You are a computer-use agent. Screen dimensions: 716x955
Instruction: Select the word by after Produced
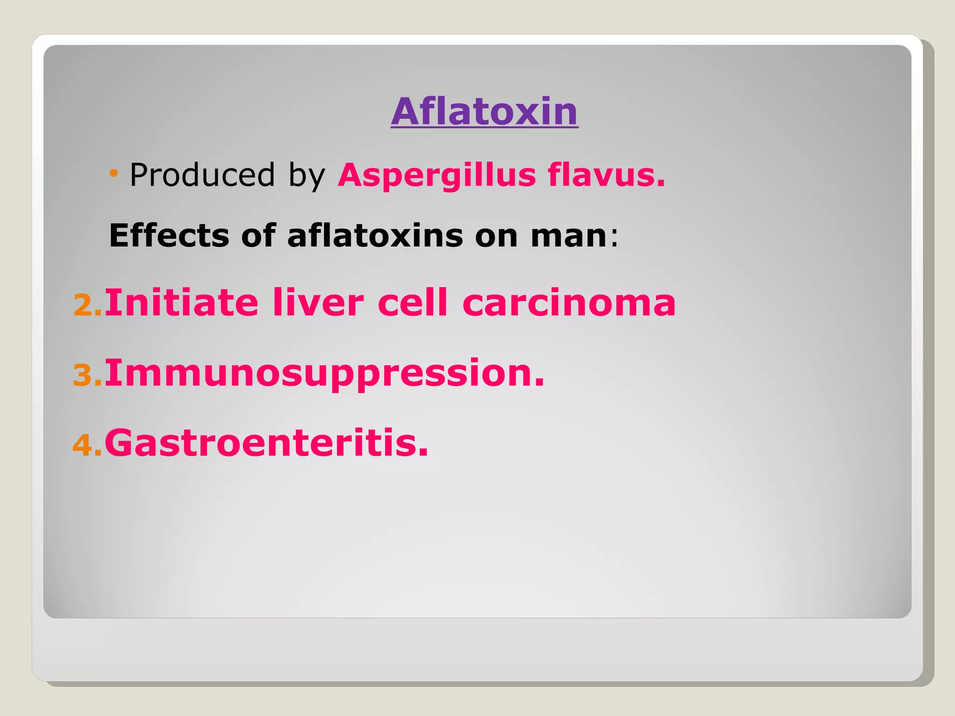pos(306,176)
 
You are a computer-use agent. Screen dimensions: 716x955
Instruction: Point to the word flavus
pos(606,175)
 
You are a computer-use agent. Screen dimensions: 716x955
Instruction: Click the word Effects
pos(169,235)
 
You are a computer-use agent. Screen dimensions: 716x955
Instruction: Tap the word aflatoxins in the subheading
pos(375,235)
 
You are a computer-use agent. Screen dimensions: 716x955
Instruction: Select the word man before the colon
pos(568,236)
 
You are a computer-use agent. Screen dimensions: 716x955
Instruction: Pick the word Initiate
pos(181,303)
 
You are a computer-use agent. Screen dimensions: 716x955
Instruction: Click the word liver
pos(318,303)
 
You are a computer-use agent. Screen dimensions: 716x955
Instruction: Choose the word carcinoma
pos(568,303)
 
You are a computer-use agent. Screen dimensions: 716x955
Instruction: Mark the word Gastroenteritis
pos(266,443)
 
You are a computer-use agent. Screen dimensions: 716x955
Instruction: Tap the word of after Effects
pos(258,235)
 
